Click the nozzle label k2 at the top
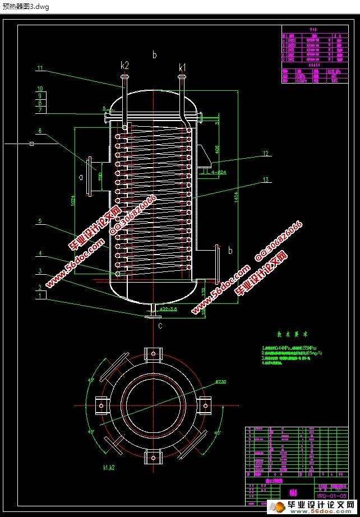[x=124, y=65]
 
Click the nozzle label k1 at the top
[x=182, y=68]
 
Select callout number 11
[x=40, y=68]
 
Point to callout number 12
[x=266, y=153]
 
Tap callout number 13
[x=266, y=180]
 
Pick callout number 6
[x=40, y=131]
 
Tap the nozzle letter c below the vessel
[x=160, y=325]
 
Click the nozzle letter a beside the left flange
[x=80, y=178]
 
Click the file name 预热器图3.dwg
[x=26, y=6]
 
